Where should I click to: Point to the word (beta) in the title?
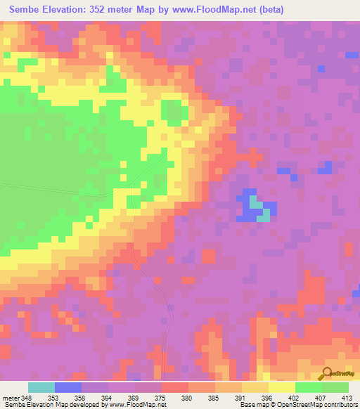click(x=269, y=9)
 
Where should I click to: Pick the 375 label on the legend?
click(x=161, y=398)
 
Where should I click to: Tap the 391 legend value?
click(x=241, y=398)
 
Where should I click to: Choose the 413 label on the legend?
click(x=347, y=398)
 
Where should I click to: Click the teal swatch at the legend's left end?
click(x=41, y=387)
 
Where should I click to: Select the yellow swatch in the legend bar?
click(x=281, y=387)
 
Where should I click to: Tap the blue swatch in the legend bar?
click(x=68, y=387)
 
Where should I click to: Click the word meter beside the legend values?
click(x=10, y=398)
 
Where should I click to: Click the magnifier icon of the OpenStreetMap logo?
click(x=326, y=373)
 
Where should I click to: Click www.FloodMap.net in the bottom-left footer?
click(x=138, y=405)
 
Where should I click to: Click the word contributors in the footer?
click(x=340, y=405)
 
